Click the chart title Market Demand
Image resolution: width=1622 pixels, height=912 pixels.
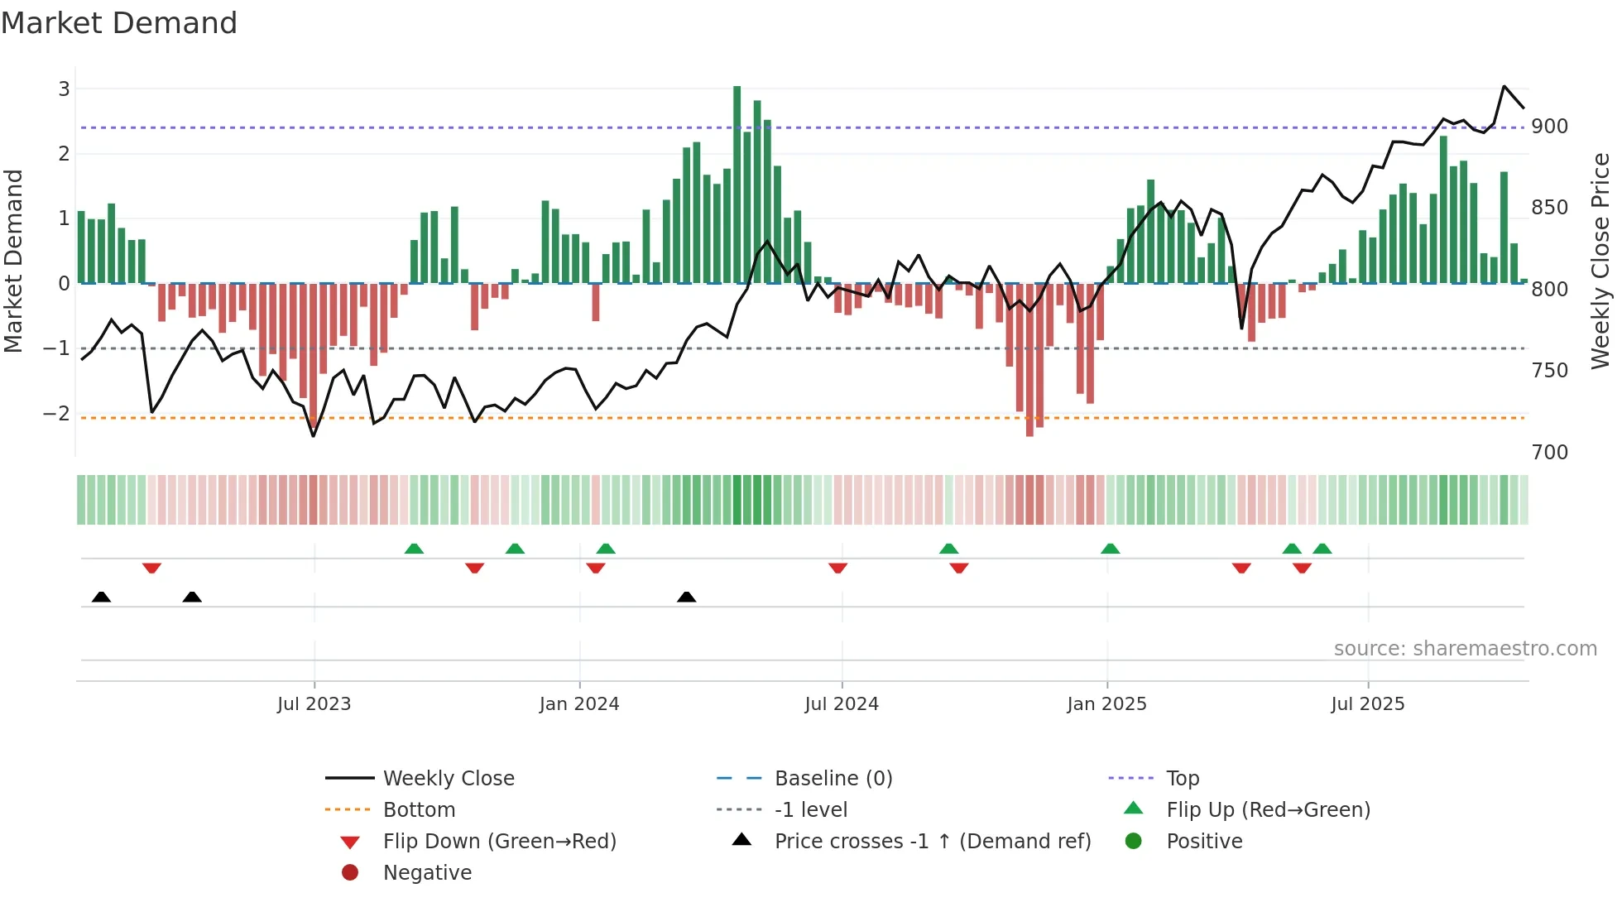119,23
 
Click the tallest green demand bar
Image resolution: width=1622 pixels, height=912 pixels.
737,184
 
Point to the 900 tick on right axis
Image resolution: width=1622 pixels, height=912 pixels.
1549,127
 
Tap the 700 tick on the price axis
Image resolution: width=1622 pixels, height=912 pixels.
1549,453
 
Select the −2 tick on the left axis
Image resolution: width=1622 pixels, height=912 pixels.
57,413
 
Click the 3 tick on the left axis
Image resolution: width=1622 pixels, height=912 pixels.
64,89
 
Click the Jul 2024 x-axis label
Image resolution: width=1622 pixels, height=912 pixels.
842,704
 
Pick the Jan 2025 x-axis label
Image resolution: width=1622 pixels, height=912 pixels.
1106,704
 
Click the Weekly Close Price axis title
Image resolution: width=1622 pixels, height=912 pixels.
1600,261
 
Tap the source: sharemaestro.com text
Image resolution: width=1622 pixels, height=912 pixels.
1465,649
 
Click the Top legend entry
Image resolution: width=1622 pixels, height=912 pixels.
1183,779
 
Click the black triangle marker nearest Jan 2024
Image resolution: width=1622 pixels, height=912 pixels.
686,597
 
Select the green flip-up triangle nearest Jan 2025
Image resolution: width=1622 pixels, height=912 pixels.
1110,549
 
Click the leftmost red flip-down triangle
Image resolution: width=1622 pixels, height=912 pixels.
151,568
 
